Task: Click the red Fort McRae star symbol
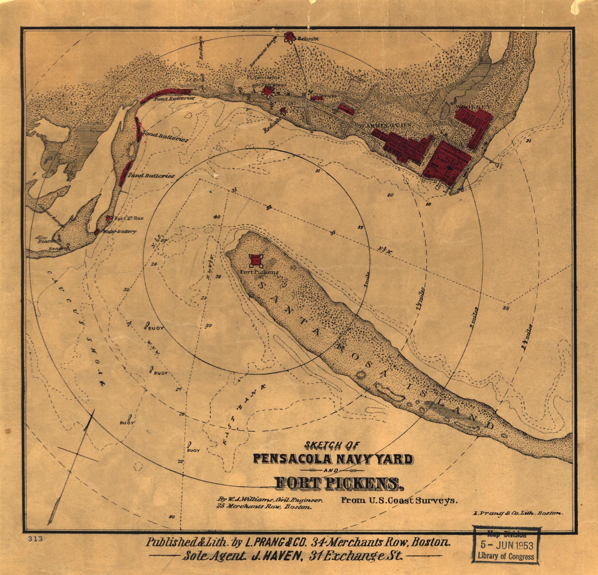tap(108, 218)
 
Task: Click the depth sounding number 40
tap(217, 217)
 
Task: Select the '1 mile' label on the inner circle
tap(368, 279)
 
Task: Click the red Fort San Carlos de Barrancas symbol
tap(269, 91)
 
